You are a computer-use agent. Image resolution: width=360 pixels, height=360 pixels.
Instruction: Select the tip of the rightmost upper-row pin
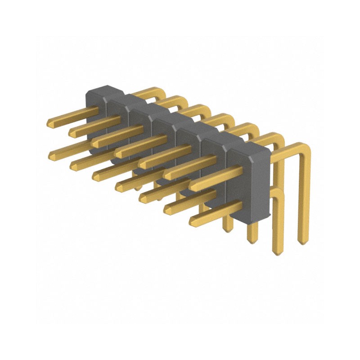click(x=192, y=185)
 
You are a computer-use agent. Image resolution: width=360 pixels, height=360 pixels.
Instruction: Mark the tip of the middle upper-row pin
click(x=118, y=153)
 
